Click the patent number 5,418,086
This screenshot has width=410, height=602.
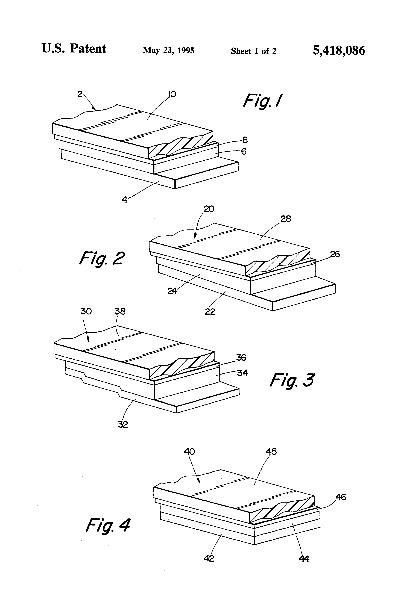point(339,51)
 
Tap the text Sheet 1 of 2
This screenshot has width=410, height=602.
point(253,51)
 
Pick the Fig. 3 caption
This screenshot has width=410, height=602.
point(292,380)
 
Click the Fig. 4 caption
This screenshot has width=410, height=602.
point(108,525)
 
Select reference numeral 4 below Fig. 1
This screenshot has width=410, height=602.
point(125,199)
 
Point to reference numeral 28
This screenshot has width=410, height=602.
point(286,219)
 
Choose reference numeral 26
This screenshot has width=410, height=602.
point(335,254)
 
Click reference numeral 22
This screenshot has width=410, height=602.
point(210,312)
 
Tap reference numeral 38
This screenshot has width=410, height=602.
point(120,311)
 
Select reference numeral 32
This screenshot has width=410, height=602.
point(123,424)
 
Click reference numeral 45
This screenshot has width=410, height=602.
point(271,452)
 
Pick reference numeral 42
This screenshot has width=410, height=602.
point(209,559)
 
